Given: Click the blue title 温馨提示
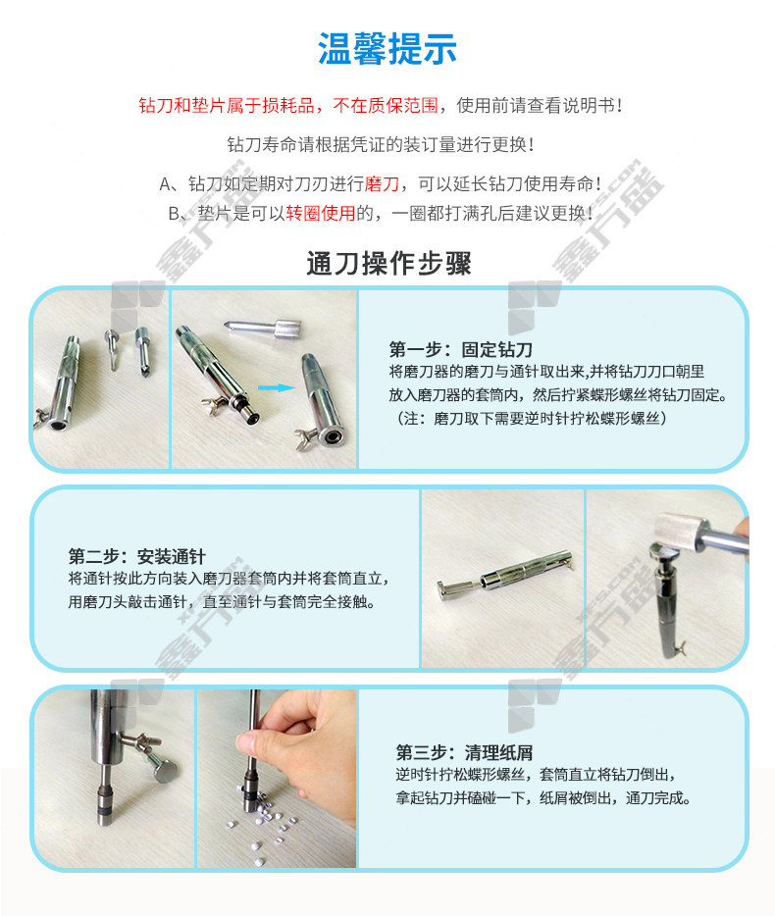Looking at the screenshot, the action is coord(387,48).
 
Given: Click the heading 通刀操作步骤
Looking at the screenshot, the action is coord(388,263).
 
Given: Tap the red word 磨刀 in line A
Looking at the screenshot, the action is coord(382,184).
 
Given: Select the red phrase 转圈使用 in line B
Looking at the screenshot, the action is coord(320,213).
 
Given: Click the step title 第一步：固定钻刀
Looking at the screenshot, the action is coord(460,349).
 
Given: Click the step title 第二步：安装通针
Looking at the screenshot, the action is coord(136,556).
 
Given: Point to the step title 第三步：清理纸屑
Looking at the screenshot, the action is coord(464,752).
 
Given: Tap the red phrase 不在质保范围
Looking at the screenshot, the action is coord(386,105).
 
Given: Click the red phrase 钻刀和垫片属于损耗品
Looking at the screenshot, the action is coord(227,105).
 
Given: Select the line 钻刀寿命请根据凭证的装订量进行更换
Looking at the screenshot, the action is coord(381,144).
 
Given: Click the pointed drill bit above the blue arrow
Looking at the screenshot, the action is coord(263,328).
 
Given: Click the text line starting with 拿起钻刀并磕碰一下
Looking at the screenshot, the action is coord(542,798).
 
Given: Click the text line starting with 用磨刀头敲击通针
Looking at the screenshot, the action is coord(221,602).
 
